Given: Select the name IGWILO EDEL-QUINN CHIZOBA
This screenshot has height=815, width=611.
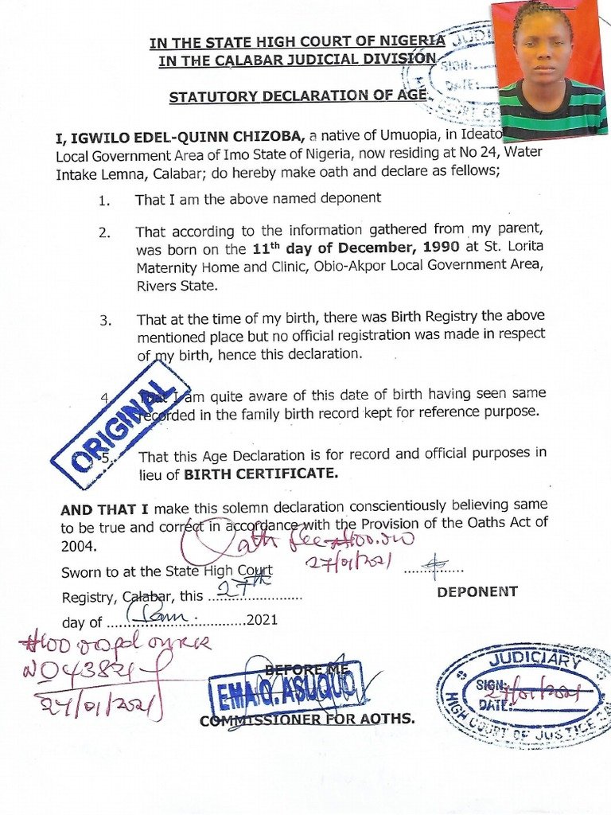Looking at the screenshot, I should pyautogui.click(x=173, y=138).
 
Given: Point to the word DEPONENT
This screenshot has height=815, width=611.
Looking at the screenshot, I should pyautogui.click(x=477, y=591).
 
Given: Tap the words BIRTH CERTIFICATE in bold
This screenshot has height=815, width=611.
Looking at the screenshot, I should pyautogui.click(x=261, y=474).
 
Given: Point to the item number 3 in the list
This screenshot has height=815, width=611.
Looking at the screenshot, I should pyautogui.click(x=105, y=320).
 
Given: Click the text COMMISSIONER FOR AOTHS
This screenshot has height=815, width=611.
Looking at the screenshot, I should pyautogui.click(x=307, y=719).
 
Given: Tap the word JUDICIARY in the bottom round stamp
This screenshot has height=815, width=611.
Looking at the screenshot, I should pyautogui.click(x=534, y=659).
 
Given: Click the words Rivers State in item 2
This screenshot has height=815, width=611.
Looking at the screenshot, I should pyautogui.click(x=175, y=286).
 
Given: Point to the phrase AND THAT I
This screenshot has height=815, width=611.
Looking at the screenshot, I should pyautogui.click(x=105, y=508).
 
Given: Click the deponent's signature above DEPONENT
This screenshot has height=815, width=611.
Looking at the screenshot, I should pyautogui.click(x=434, y=566).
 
